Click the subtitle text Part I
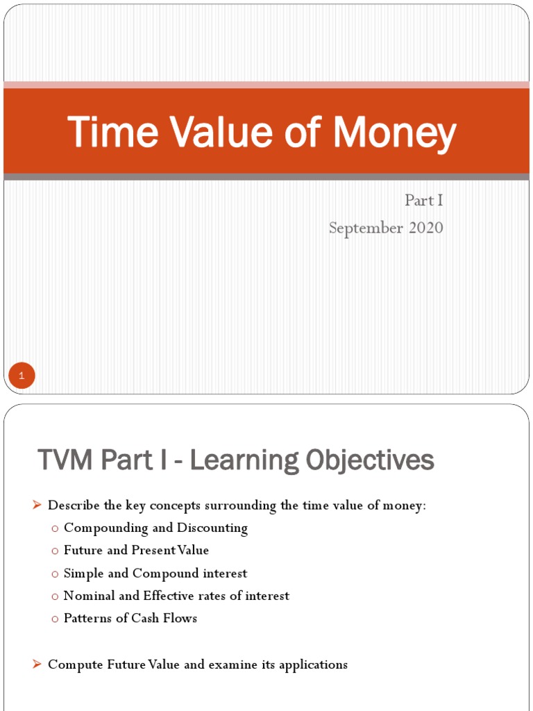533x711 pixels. click(x=423, y=201)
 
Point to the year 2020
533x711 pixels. click(x=425, y=228)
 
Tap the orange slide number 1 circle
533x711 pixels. click(x=22, y=377)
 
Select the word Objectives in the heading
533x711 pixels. click(x=369, y=460)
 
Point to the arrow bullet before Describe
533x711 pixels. click(x=37, y=505)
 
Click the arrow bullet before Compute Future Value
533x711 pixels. click(x=37, y=664)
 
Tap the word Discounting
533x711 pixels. click(x=212, y=528)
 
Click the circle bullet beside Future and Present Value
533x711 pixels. click(x=55, y=551)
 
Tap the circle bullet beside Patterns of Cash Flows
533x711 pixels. click(x=55, y=619)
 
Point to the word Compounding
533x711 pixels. click(x=105, y=528)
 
